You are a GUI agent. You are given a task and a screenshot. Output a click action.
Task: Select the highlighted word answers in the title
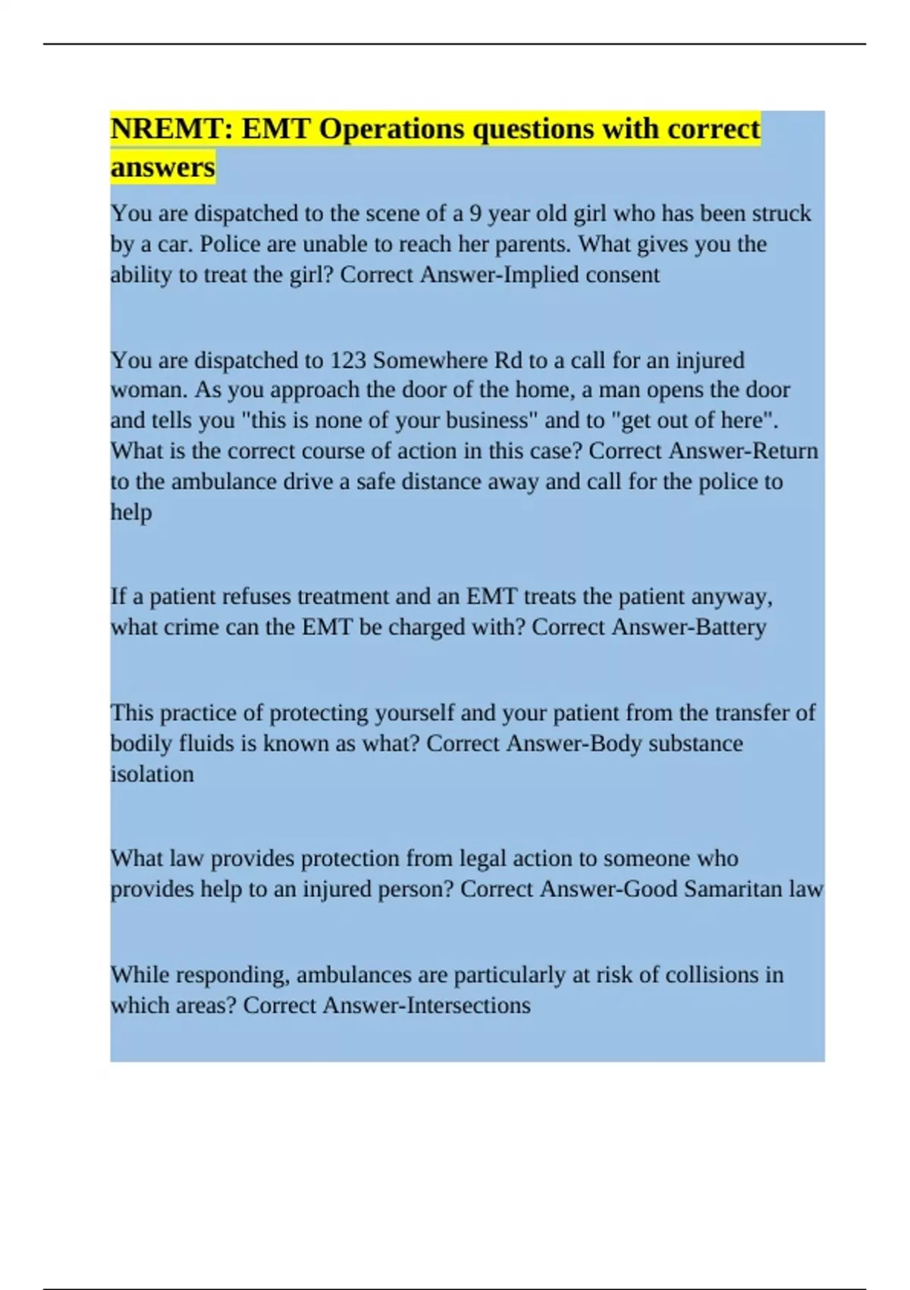point(162,167)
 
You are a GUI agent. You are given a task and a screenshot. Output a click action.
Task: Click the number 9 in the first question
point(475,213)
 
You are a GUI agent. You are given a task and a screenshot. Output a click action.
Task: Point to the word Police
point(227,244)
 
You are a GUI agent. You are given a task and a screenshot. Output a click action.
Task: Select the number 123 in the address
point(348,360)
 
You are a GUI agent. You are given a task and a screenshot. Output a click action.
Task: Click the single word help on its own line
point(131,512)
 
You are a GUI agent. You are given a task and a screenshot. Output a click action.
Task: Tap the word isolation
point(152,774)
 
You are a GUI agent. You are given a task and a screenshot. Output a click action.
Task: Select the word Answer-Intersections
point(426,1005)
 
